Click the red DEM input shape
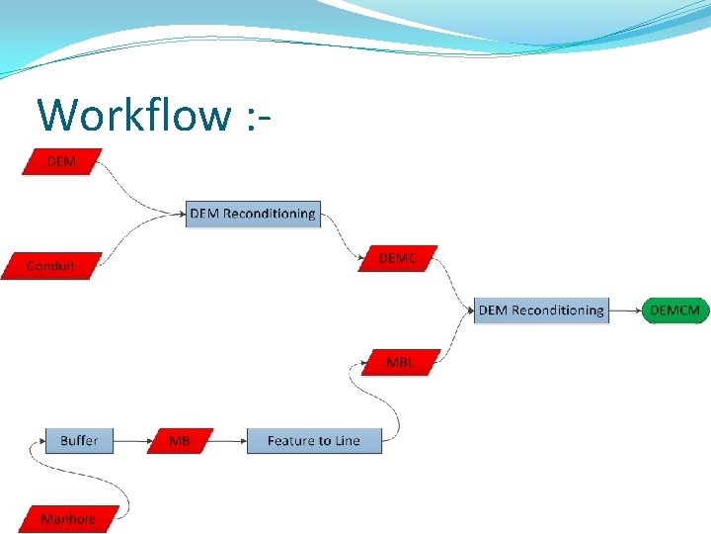[61, 161]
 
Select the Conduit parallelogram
[50, 266]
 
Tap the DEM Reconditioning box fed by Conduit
[253, 214]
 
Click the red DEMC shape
[398, 259]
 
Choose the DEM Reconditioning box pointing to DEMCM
[541, 311]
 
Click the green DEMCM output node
[675, 311]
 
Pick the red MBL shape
[400, 362]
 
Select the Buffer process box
[79, 440]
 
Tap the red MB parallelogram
[180, 441]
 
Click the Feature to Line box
[313, 441]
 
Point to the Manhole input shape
[68, 518]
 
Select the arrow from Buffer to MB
[132, 441]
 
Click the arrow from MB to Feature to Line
[228, 441]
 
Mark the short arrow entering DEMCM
[626, 311]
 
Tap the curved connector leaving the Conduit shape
[133, 235]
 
